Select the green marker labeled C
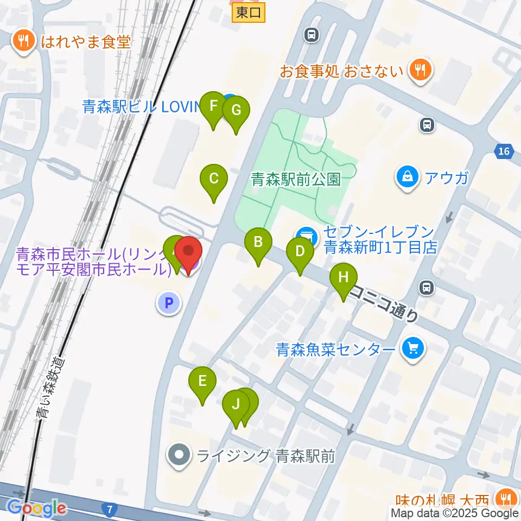pyautogui.click(x=213, y=179)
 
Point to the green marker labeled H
pyautogui.click(x=344, y=278)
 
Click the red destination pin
pyautogui.click(x=188, y=253)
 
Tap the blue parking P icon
pyautogui.click(x=168, y=303)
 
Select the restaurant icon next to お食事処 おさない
pyautogui.click(x=420, y=70)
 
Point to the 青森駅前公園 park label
pyautogui.click(x=296, y=180)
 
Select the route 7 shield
pyautogui.click(x=110, y=510)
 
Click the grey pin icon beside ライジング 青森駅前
pyautogui.click(x=180, y=455)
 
